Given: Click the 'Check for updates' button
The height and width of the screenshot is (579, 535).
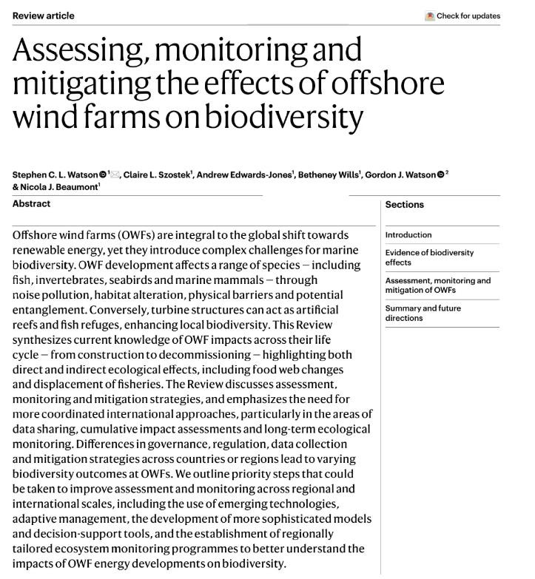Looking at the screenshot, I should pos(463,16).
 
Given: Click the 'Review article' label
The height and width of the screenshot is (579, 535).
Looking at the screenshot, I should pos(44,16).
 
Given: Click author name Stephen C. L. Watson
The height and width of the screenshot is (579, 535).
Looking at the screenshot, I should pos(55,175).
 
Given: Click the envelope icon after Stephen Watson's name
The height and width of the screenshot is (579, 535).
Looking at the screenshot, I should pos(115,175).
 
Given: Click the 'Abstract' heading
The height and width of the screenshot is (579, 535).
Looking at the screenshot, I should pos(31,204).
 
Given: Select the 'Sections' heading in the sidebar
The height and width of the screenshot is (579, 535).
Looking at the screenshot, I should pos(404,205).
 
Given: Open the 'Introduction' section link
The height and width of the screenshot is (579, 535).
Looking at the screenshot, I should pos(408,235).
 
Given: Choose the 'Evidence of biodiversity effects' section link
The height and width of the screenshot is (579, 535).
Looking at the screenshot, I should pos(429,257).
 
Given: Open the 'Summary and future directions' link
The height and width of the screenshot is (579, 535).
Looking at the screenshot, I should pos(423,313).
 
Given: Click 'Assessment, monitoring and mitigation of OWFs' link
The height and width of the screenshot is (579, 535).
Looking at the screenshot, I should pos(437,285).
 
